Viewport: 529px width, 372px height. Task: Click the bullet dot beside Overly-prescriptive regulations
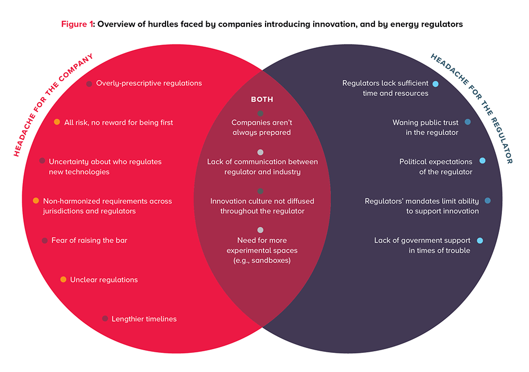(89, 84)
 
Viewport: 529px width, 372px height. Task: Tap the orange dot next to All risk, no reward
(57, 122)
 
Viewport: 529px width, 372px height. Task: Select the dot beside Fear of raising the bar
(45, 241)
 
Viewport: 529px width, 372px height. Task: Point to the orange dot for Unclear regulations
(63, 279)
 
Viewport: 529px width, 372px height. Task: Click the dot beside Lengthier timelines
(105, 318)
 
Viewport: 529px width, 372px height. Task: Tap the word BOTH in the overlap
(262, 100)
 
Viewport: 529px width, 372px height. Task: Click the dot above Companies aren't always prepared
(260, 113)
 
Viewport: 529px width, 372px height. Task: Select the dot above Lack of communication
(260, 152)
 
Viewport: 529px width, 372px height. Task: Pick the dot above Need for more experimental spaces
(260, 230)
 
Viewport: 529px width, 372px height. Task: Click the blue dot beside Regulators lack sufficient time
(435, 84)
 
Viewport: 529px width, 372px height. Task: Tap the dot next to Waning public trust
(468, 122)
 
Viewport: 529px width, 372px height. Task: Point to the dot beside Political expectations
(482, 161)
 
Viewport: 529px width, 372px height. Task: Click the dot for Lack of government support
(480, 241)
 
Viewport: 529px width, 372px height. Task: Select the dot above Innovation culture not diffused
(260, 191)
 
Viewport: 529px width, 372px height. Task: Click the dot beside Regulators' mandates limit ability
(488, 200)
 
